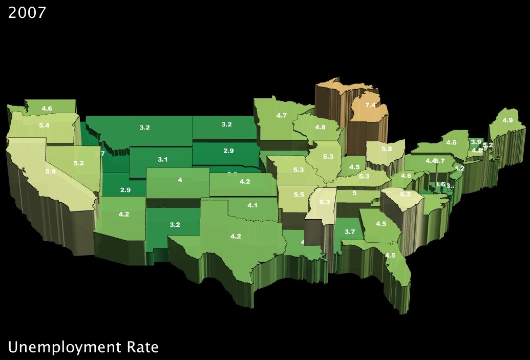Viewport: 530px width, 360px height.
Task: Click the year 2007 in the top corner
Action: [x=27, y=12]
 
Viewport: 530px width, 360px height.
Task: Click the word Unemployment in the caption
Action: [x=66, y=348]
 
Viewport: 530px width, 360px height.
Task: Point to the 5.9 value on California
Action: [x=50, y=172]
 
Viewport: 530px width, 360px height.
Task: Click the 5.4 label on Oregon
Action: [x=44, y=125]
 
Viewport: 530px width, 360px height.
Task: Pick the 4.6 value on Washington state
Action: [x=47, y=109]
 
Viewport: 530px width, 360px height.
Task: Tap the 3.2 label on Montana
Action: [x=144, y=127]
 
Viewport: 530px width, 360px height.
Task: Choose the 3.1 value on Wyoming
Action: [x=162, y=160]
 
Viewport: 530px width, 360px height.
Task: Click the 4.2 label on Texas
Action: [x=236, y=236]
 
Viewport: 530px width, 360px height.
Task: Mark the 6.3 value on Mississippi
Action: [x=325, y=202]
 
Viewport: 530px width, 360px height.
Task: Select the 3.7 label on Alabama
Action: [x=350, y=232]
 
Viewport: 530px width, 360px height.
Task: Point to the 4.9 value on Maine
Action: [x=507, y=120]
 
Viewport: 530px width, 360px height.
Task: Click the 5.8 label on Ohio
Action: [x=387, y=149]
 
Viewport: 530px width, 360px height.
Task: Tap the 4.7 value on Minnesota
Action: [x=281, y=116]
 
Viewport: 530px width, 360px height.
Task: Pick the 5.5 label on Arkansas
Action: [x=299, y=195]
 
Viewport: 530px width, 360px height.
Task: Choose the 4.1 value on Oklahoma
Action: [x=252, y=205]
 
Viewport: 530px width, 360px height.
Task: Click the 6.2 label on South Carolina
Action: [x=405, y=194]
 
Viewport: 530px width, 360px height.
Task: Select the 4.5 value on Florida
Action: [x=390, y=255]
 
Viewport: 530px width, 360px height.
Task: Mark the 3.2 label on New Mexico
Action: [x=175, y=224]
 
